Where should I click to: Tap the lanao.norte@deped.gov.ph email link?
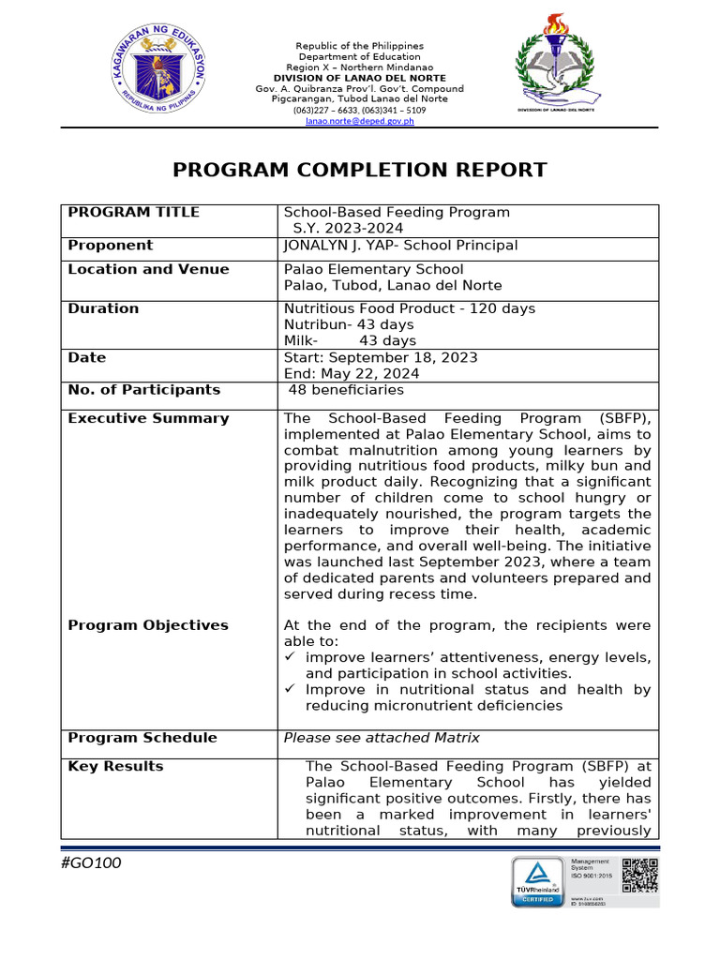click(359, 121)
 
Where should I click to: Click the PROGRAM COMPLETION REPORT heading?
click(360, 170)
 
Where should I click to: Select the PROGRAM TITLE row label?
click(133, 212)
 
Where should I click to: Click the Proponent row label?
click(110, 246)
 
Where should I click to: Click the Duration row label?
click(103, 308)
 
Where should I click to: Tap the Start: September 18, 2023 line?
click(380, 357)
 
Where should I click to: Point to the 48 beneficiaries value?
click(346, 390)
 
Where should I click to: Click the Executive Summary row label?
click(148, 418)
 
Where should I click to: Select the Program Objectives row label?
click(148, 625)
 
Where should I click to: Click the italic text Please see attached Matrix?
click(382, 738)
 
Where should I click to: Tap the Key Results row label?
click(115, 767)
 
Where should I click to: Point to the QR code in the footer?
click(639, 875)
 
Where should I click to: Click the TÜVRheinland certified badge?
click(537, 881)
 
